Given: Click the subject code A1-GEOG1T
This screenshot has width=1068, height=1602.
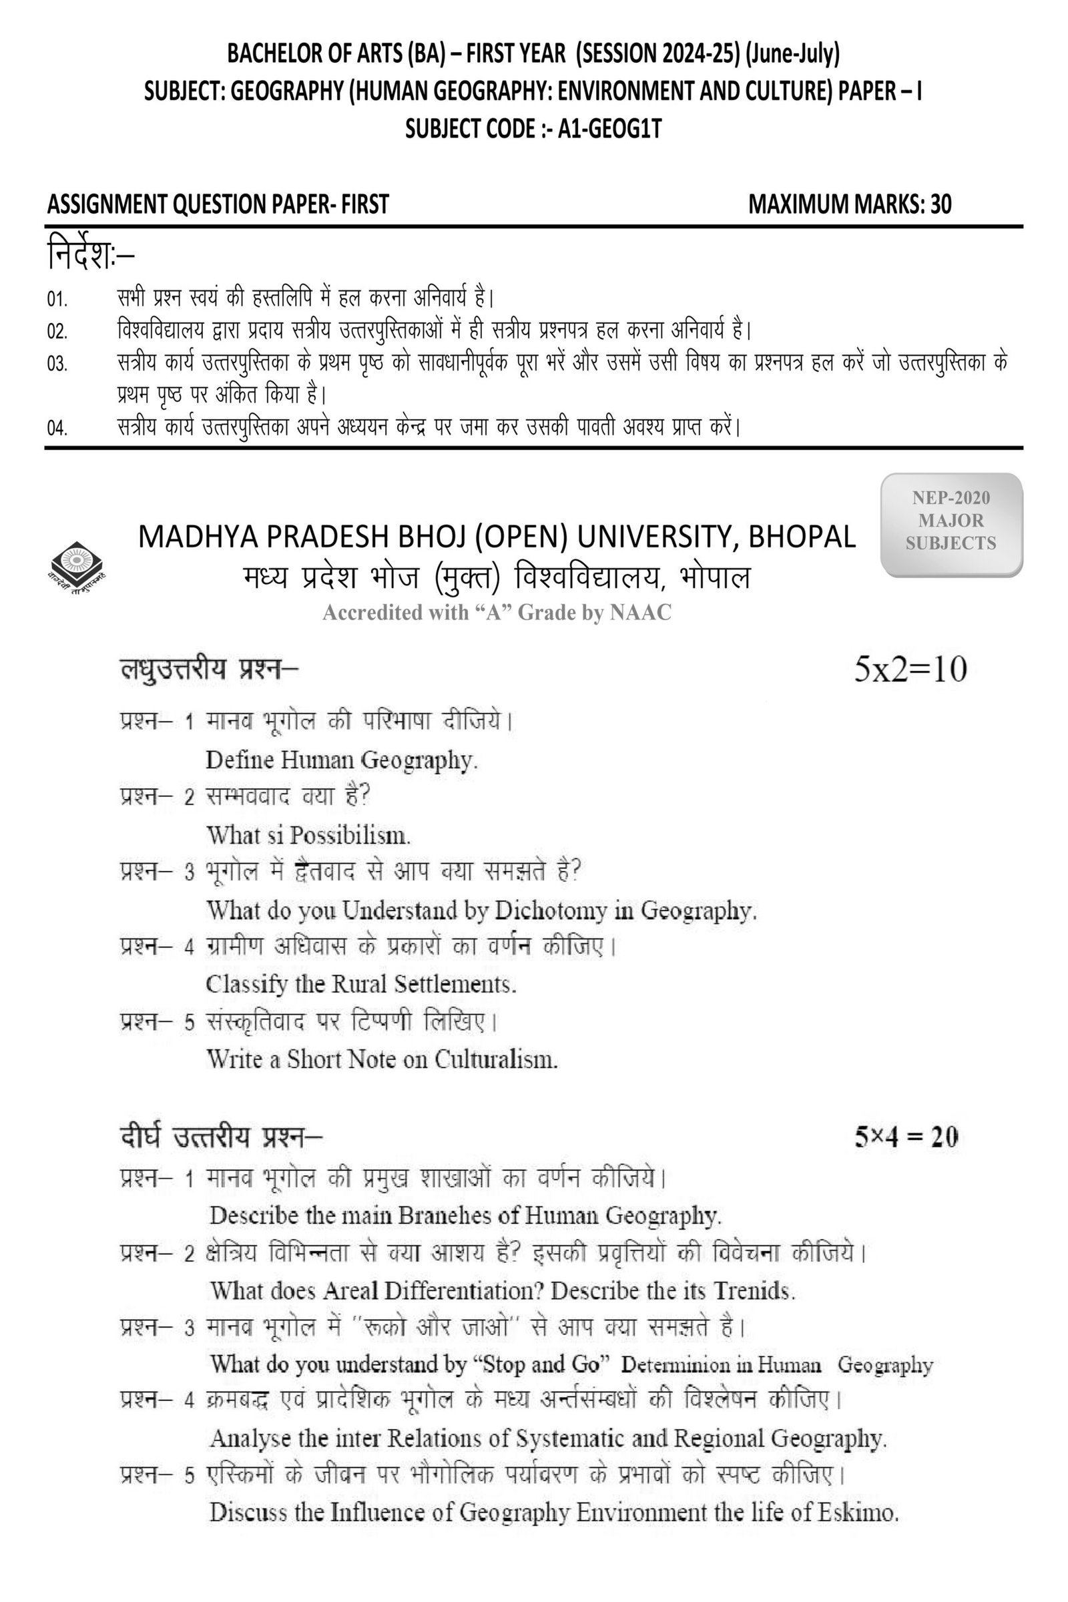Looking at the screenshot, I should pos(609,129).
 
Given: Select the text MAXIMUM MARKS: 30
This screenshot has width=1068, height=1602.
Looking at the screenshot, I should pos(849,204).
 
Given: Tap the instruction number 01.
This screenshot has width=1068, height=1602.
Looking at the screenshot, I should pos(57,300).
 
